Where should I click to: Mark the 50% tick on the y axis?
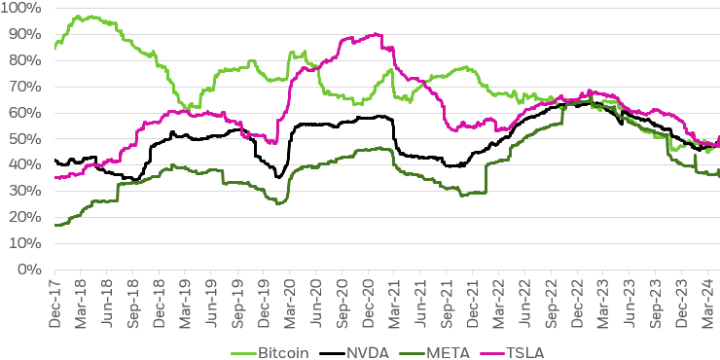pos(25,139)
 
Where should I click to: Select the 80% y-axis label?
pos(25,60)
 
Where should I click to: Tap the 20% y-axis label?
pos(25,217)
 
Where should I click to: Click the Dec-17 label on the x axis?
pos(55,297)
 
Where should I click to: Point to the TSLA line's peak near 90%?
pos(378,34)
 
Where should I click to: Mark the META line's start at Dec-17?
pos(55,225)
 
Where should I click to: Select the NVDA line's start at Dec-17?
pos(55,161)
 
